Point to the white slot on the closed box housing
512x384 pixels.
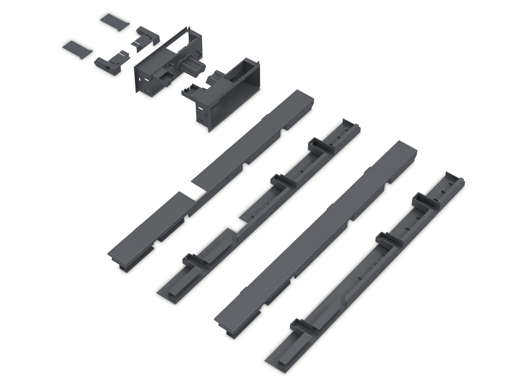click(200, 108)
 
